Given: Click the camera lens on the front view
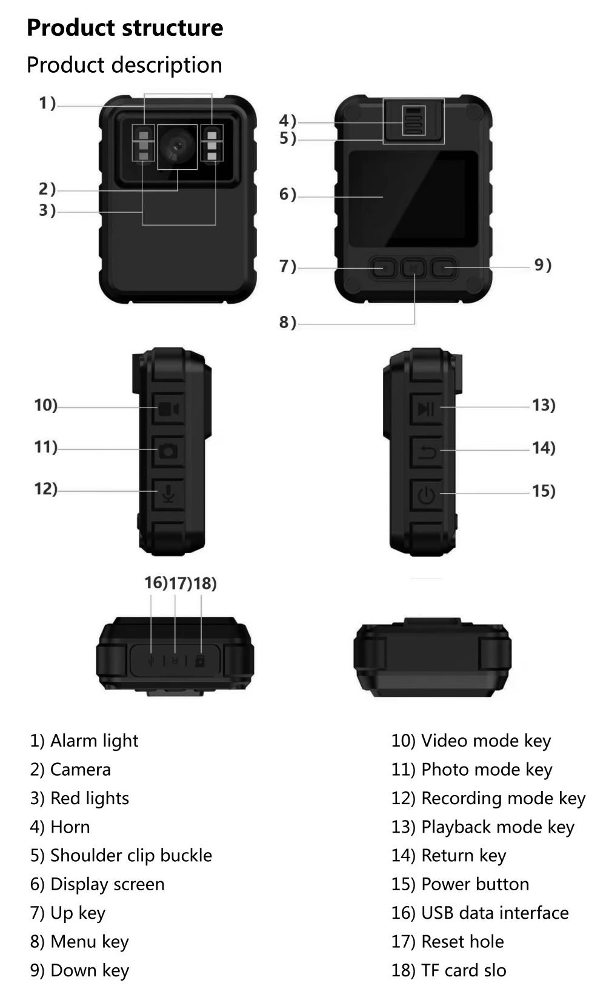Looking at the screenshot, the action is click(178, 146).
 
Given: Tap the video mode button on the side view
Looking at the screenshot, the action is click(168, 409).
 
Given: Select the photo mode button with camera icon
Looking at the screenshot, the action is click(168, 451).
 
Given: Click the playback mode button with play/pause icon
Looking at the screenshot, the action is click(426, 409).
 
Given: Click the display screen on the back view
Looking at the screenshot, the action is click(413, 196).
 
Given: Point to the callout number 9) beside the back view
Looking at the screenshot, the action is click(542, 265).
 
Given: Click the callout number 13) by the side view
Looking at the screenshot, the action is click(544, 405).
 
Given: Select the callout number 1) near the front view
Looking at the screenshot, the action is click(47, 103).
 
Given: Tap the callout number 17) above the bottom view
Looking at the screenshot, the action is click(180, 583).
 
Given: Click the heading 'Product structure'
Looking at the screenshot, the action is click(125, 28).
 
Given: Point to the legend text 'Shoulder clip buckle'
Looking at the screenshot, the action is click(131, 855).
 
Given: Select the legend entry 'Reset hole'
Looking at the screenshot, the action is click(462, 941).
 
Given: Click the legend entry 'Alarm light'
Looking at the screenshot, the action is click(94, 740).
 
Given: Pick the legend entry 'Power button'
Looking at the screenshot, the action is click(474, 884).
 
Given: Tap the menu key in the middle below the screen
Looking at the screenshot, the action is click(414, 267).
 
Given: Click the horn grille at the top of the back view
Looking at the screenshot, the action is click(413, 120).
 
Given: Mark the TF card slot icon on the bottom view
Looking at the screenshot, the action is click(200, 660).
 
